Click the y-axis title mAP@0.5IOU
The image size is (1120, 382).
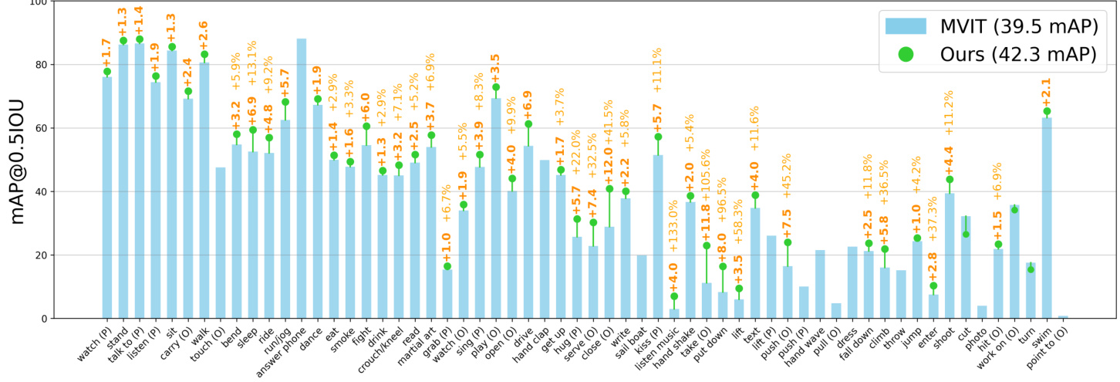(x=17, y=160)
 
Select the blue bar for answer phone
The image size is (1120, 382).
(x=301, y=178)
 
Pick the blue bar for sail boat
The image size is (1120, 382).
(x=642, y=286)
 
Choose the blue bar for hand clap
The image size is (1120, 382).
(x=545, y=239)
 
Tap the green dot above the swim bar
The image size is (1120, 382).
(x=1047, y=111)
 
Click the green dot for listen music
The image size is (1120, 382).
(x=674, y=296)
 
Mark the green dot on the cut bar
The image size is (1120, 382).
(x=966, y=235)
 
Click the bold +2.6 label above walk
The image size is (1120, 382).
(x=204, y=34)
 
